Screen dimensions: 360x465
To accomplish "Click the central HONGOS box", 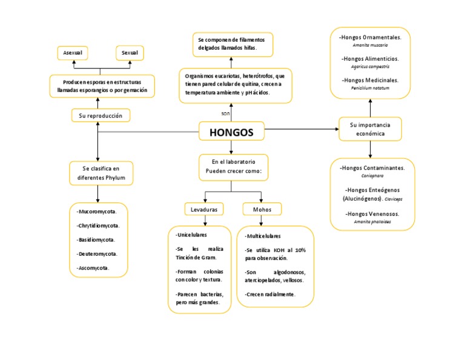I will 231,132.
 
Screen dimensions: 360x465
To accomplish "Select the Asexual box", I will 72,53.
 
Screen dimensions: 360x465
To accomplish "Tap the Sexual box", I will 130,53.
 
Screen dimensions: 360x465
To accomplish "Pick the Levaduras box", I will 203,209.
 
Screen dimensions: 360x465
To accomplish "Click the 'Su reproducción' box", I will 97,115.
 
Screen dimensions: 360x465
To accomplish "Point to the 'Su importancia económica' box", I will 370,128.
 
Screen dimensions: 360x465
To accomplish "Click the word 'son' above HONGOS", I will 225,113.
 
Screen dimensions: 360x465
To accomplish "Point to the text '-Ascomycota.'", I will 93,267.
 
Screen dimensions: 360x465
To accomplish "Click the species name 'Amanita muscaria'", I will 370,45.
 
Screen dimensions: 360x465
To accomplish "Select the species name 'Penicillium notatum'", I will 370,87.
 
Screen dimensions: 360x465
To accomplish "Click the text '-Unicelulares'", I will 191,235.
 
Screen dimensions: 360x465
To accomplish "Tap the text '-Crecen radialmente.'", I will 271,294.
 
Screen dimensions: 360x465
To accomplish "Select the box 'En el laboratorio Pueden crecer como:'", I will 233,167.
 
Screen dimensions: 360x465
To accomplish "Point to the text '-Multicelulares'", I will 263,236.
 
